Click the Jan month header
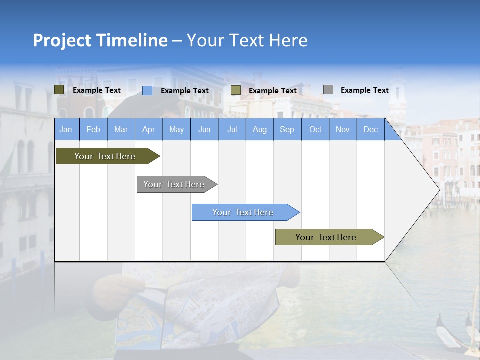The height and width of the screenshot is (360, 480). tap(66, 130)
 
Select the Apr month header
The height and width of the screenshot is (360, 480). tap(148, 130)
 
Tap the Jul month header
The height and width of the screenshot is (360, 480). tap(232, 130)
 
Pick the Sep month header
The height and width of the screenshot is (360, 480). tap(287, 130)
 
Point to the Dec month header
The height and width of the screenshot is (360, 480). tap(370, 130)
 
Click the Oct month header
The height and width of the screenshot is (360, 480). tap(315, 130)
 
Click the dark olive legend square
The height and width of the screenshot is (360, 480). tap(59, 90)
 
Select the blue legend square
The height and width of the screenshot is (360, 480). tap(147, 90)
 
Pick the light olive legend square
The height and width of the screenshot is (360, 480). tap(236, 90)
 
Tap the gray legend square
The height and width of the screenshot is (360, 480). tap(328, 90)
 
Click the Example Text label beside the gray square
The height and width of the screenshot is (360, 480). tap(364, 90)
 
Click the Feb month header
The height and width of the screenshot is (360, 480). tap(93, 130)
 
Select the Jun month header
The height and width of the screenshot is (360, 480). tap(204, 130)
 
